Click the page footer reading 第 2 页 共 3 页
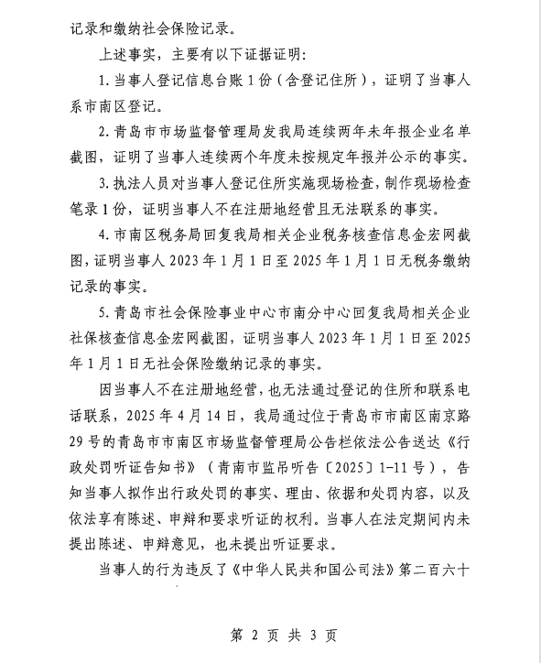[270, 636]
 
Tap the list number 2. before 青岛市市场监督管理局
[107, 131]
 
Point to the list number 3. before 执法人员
[107, 183]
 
